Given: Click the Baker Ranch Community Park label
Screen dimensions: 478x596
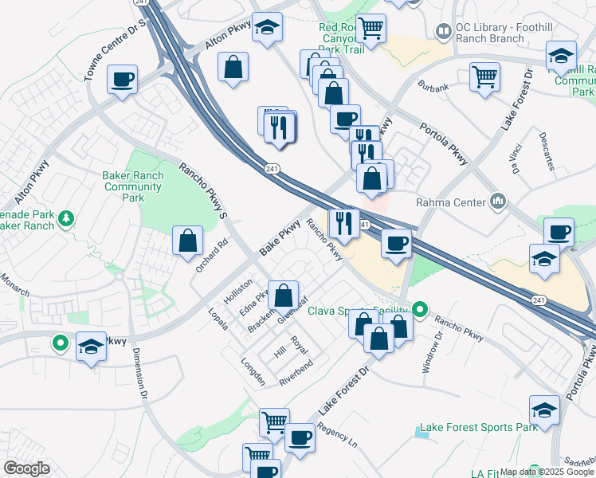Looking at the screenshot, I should (x=133, y=186).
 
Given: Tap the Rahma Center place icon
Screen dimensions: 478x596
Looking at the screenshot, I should (x=500, y=201).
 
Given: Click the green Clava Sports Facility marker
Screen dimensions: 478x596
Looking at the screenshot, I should (x=421, y=310).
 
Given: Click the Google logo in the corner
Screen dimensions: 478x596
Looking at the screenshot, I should (x=26, y=468).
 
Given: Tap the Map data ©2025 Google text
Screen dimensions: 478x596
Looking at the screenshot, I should (x=547, y=472).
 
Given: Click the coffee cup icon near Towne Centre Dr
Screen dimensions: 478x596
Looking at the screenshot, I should (x=122, y=80).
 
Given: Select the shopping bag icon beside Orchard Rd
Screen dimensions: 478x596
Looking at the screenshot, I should (x=187, y=241).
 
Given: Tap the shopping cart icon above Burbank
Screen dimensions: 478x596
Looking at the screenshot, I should (x=484, y=77).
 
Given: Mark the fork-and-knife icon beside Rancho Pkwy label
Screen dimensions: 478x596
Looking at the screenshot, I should (x=343, y=223).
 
